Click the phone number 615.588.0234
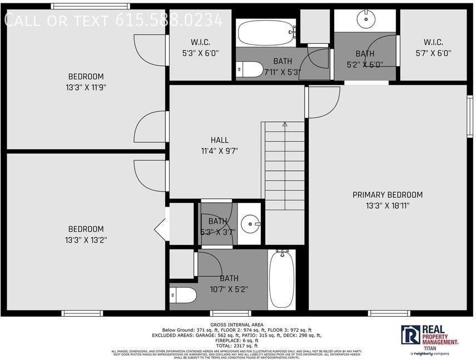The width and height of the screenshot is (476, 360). [x=169, y=21]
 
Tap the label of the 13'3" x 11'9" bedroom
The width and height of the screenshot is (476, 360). [x=86, y=77]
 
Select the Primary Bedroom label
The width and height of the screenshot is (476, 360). [x=388, y=195]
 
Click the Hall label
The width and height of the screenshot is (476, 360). [x=219, y=141]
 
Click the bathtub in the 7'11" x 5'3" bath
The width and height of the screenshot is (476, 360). [x=266, y=33]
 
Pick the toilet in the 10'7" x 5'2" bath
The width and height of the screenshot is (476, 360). [x=183, y=294]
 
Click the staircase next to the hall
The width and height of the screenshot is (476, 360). [x=284, y=167]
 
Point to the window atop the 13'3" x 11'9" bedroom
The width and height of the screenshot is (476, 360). [x=91, y=6]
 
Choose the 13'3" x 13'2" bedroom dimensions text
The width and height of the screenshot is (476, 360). [x=86, y=240]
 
